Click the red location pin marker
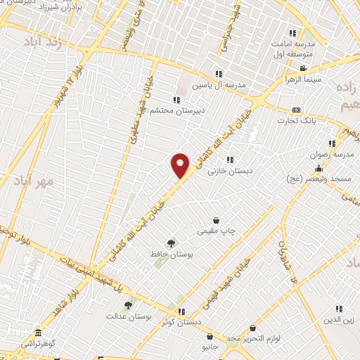click(x=181, y=165)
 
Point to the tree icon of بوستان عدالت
click(x=127, y=306)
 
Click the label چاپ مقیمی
click(x=217, y=231)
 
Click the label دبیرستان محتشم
click(x=173, y=110)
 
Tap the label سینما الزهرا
click(x=303, y=79)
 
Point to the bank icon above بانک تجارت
click(x=295, y=110)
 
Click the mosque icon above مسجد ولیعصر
click(x=319, y=168)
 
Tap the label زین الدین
click(x=337, y=320)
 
